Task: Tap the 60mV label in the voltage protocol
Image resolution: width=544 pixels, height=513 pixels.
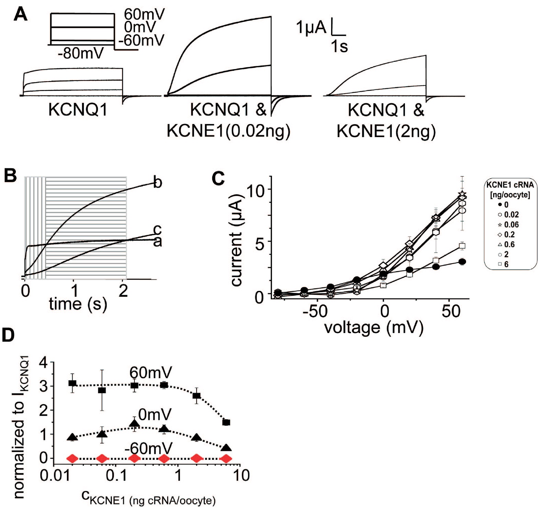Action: [x=144, y=14]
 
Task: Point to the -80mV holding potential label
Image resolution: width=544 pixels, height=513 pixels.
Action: [x=81, y=54]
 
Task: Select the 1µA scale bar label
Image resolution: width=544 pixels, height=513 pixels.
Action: [x=311, y=27]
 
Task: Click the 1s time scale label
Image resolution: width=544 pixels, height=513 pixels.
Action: [x=339, y=46]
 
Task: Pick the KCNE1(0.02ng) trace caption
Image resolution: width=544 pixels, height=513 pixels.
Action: [x=228, y=131]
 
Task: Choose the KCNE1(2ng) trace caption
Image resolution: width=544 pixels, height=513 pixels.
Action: [x=386, y=131]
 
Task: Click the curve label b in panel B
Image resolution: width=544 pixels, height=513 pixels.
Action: [x=158, y=182]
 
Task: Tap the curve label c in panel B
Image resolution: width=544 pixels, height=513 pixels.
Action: [x=157, y=229]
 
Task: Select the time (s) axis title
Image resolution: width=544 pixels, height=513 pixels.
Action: [x=78, y=304]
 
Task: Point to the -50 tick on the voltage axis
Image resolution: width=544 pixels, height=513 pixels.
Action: [x=317, y=311]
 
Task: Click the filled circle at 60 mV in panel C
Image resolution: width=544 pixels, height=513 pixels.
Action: [x=462, y=262]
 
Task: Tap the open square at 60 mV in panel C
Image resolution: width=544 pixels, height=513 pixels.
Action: [x=462, y=246]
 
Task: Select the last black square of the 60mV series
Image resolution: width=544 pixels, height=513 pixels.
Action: [x=226, y=422]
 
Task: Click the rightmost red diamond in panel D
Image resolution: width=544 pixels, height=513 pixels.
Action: [x=226, y=458]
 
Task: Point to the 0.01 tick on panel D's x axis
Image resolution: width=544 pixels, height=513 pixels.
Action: [x=53, y=476]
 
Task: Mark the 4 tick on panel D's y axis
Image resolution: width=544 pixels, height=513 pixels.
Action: [x=44, y=362]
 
